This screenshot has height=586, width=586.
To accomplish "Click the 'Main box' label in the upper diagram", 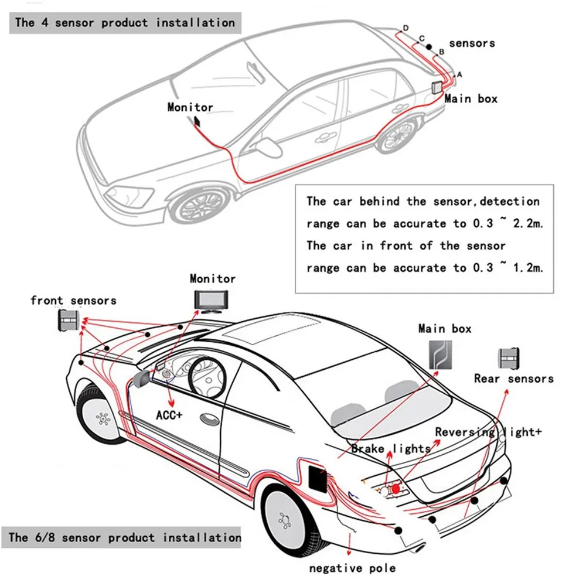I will tap(471, 98).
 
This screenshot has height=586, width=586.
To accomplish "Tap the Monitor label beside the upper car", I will tap(190, 107).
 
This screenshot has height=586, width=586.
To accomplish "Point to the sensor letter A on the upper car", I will tap(459, 74).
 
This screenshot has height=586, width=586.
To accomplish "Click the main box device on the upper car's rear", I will tap(437, 87).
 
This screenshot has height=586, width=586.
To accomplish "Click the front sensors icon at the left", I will tap(68, 320).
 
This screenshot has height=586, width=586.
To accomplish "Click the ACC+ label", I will tap(169, 415).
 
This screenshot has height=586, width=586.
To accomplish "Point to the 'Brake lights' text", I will tap(391, 449).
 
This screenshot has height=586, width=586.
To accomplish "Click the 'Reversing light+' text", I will tap(488, 432).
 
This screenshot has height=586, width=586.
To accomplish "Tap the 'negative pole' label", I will tap(352, 567).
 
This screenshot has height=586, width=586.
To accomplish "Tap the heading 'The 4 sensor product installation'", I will tap(125, 23).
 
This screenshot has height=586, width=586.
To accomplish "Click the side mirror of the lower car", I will tap(141, 379).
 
